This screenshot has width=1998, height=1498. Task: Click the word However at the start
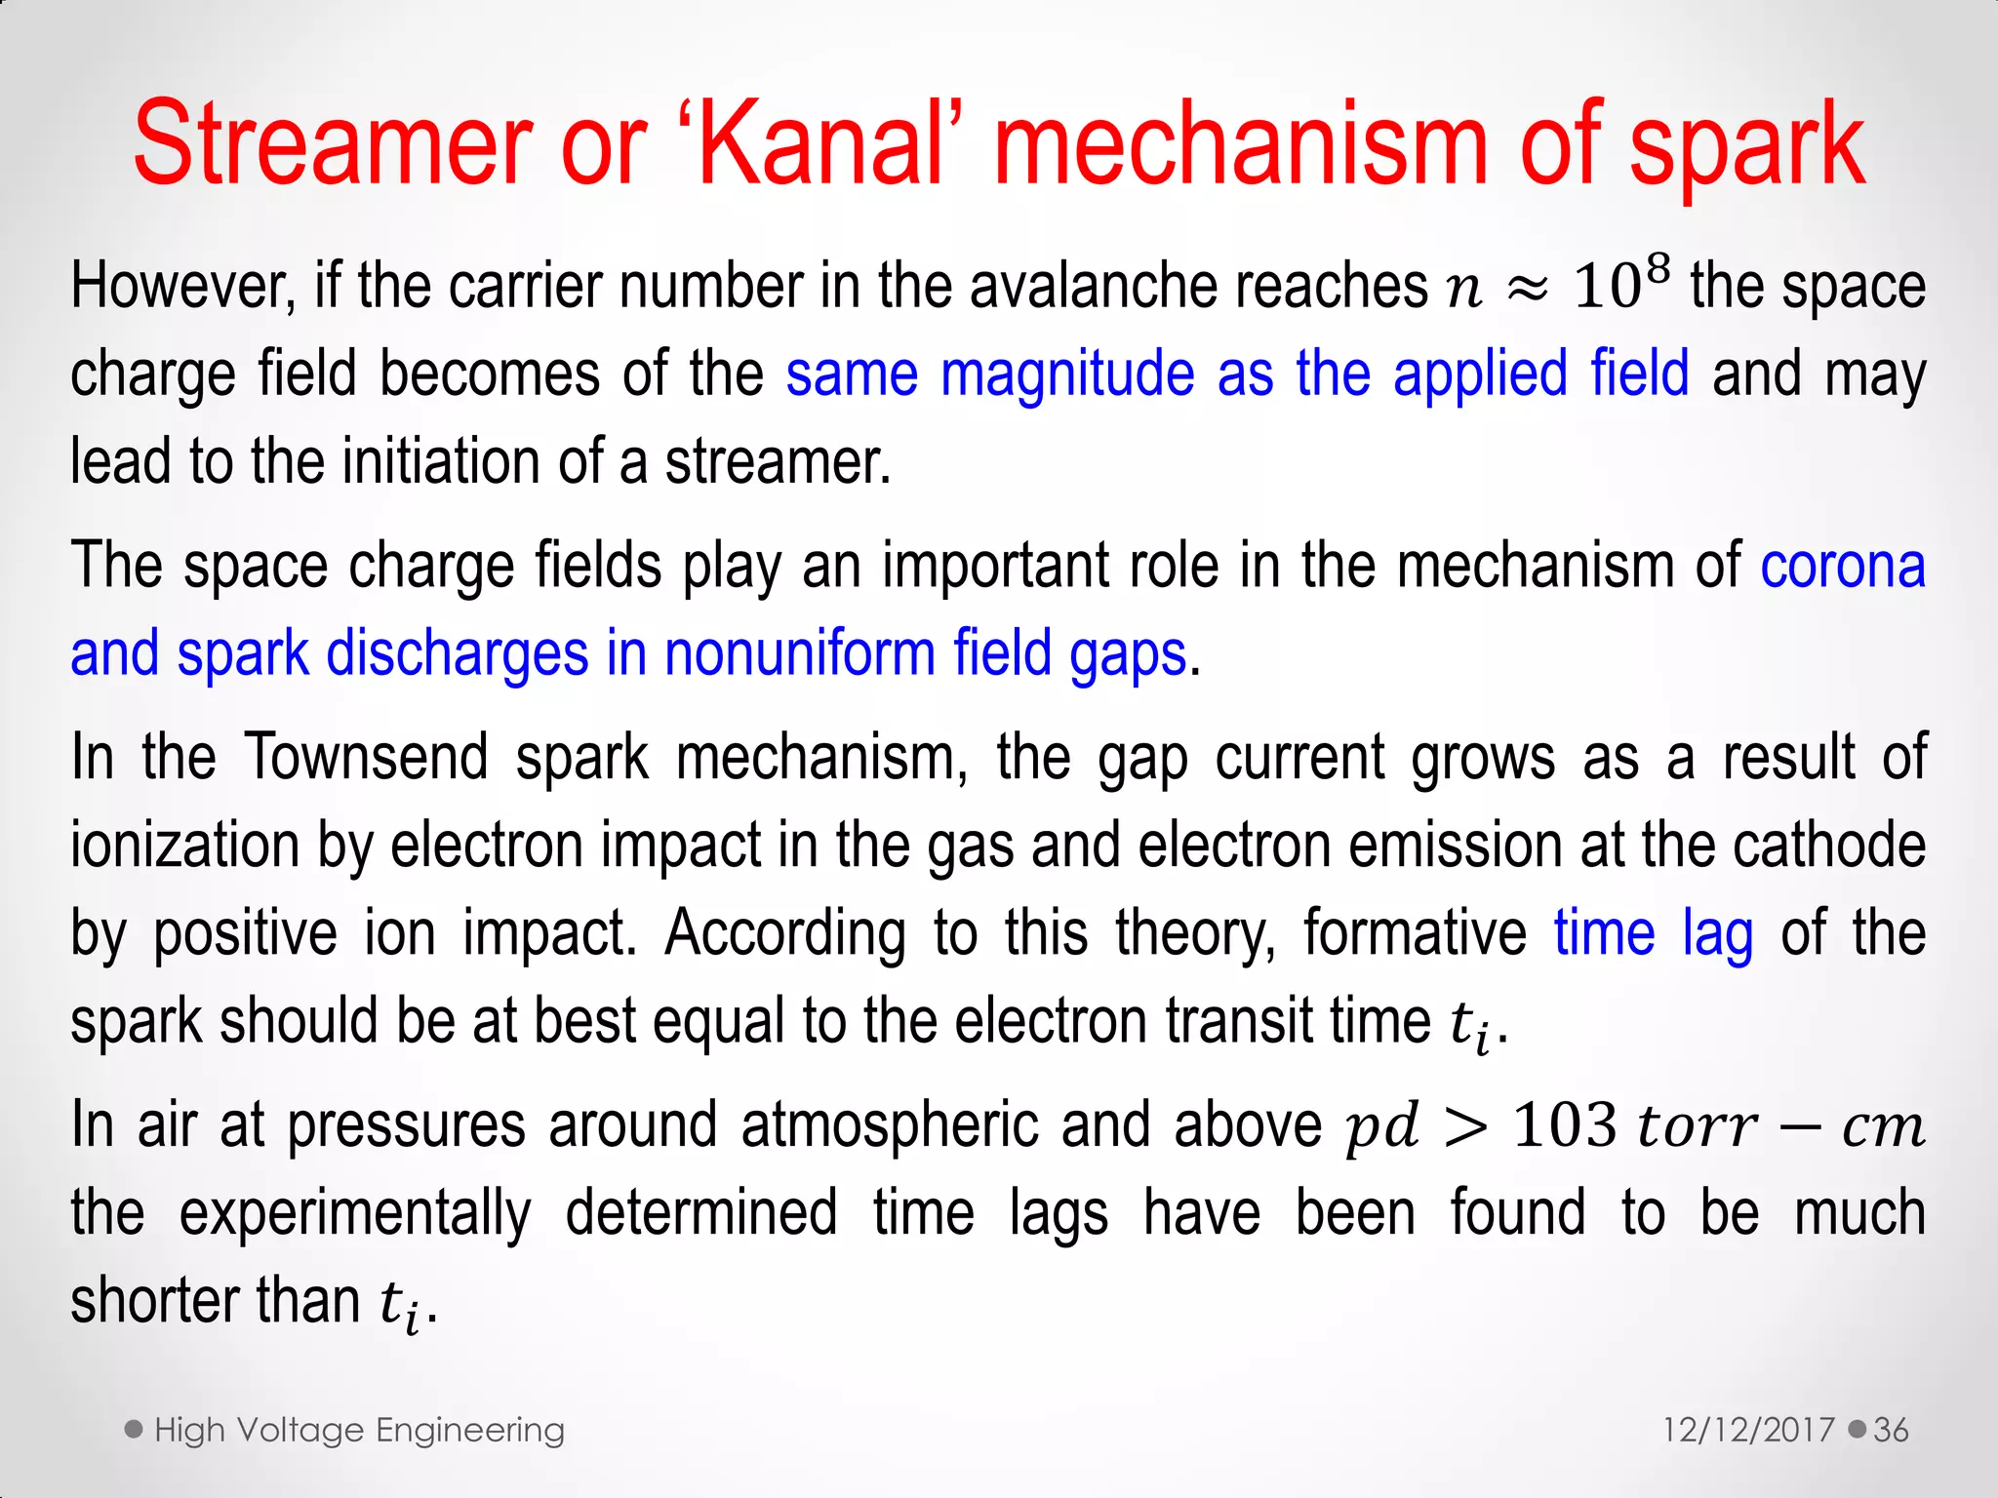(180, 287)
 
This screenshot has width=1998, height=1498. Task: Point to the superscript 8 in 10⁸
(1657, 266)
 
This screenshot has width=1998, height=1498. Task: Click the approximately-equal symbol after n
(1528, 289)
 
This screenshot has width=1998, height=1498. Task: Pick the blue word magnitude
(1067, 375)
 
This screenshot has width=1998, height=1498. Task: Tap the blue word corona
(1842, 567)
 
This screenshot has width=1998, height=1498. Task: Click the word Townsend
(365, 758)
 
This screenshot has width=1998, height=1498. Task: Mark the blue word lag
(1718, 934)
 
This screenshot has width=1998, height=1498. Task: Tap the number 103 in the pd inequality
(1565, 1125)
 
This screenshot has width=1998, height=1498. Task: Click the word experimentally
(355, 1214)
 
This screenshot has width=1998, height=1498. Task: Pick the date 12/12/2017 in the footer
(1748, 1431)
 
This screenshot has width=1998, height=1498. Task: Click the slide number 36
(1891, 1431)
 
